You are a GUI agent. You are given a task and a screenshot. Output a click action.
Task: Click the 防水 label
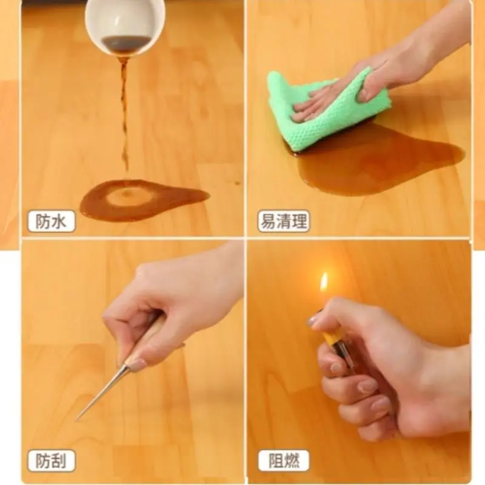(x=52, y=221)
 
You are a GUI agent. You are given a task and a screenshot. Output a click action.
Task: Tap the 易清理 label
(x=284, y=221)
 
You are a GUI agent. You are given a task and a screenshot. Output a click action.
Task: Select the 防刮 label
(x=52, y=460)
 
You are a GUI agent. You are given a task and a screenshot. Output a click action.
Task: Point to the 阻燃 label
(x=284, y=460)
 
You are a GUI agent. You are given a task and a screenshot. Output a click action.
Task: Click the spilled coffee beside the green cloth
(x=381, y=164)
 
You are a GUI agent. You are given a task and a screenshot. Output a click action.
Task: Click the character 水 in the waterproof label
(x=59, y=221)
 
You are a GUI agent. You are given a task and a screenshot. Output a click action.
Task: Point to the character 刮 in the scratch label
(x=59, y=461)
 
